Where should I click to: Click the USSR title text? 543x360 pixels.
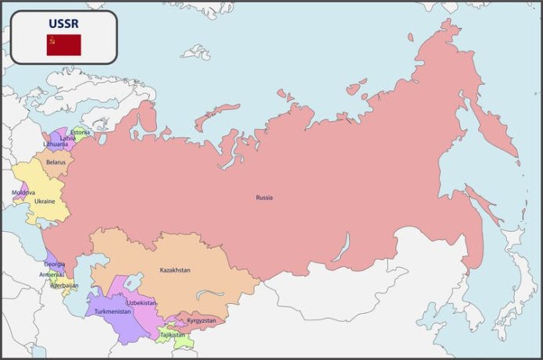[x=63, y=23]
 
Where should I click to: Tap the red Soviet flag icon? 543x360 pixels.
[x=63, y=45]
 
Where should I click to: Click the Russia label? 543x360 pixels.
[x=264, y=198]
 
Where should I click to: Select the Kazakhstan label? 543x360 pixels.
[x=175, y=270]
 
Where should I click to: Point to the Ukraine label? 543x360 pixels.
[x=45, y=201]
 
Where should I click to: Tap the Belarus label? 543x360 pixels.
[x=55, y=162]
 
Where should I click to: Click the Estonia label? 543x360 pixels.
[x=80, y=132]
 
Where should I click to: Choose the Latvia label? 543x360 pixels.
[x=69, y=138]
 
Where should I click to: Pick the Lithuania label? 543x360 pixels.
[x=55, y=144]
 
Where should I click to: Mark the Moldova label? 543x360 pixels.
[x=23, y=192]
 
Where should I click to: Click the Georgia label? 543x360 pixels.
[x=54, y=264]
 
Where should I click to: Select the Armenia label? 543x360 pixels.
[x=52, y=275]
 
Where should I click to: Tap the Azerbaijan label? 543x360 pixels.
[x=64, y=286]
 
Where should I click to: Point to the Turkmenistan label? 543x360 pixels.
[x=113, y=312]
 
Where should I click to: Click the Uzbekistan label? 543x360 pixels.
[x=141, y=302]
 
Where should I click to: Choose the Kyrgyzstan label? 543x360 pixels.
[x=201, y=320]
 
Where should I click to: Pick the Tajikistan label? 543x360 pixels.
[x=173, y=335]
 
